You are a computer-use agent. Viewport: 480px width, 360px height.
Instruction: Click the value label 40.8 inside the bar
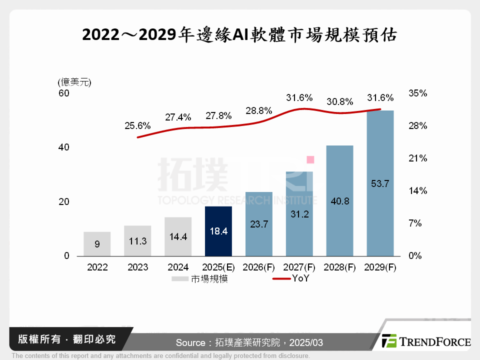pos(340,201)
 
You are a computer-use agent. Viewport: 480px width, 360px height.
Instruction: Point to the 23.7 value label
pos(259,224)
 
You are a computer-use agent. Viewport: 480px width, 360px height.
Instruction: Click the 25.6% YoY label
pos(137,126)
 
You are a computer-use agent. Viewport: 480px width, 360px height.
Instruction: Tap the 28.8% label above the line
pos(259,110)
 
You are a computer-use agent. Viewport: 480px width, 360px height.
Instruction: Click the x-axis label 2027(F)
pos(299,267)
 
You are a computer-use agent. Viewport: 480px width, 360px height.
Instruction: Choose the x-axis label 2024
pos(178,267)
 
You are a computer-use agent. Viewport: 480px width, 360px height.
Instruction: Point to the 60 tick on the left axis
pos(64,93)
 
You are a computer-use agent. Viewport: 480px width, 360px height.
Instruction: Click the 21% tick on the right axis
pos(417,158)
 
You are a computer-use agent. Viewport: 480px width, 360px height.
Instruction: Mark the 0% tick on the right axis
pos(415,256)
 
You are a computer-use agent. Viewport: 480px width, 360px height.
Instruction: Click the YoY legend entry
pos(300,279)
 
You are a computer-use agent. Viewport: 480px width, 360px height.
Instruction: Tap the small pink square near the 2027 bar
pos(310,159)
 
